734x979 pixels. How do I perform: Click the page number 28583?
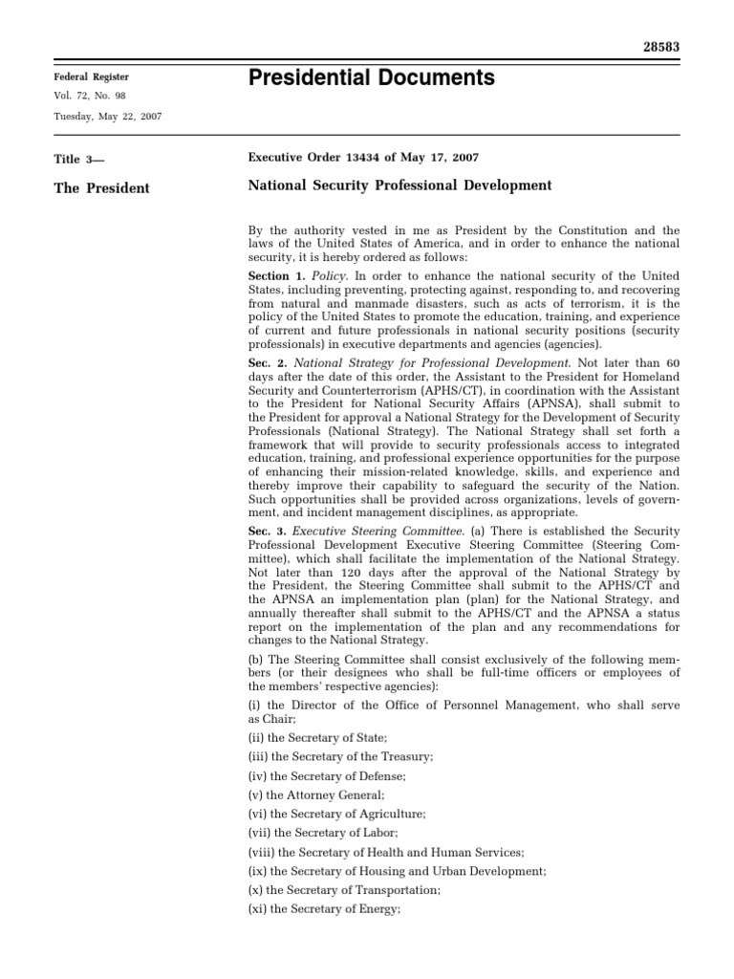pos(660,46)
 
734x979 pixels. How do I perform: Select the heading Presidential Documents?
pos(371,78)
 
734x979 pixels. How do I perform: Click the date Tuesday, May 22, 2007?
pos(107,116)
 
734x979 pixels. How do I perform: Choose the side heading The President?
pos(100,188)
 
